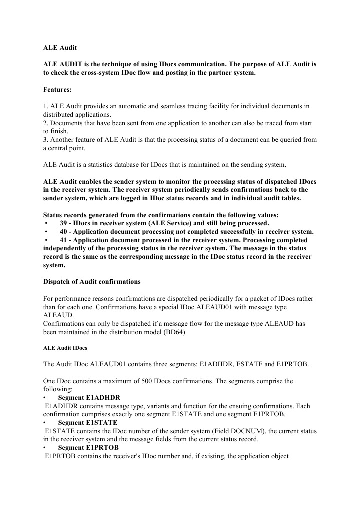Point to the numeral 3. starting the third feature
(45, 140)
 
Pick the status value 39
(64, 223)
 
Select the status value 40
(64, 231)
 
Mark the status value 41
(64, 240)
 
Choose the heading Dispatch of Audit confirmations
(92, 282)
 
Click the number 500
(132, 381)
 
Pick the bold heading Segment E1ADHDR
(88, 398)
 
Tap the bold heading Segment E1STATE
(87, 423)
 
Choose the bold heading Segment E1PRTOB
(88, 448)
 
